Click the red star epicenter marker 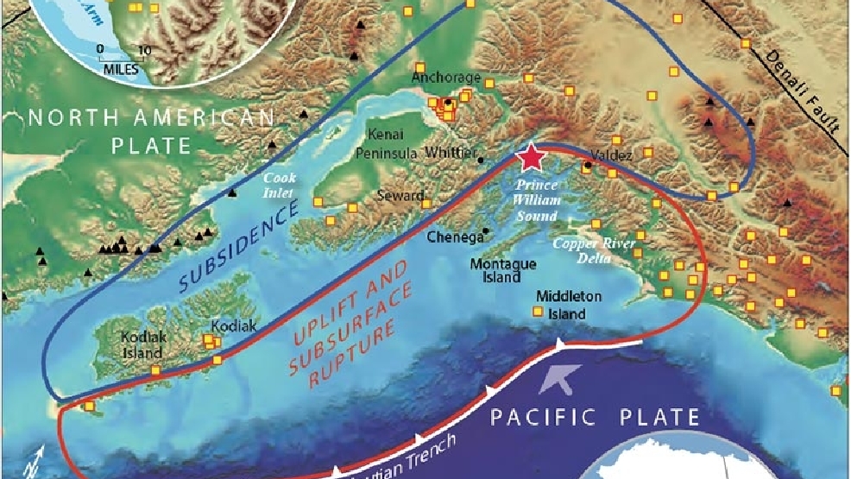pos(532,157)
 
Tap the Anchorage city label pos(444,78)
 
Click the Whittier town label pos(451,152)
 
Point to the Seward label pos(400,196)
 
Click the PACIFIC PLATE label pos(595,419)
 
